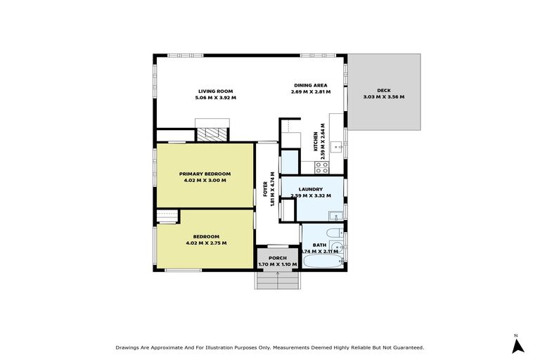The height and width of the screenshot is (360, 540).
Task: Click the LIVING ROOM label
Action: pyautogui.click(x=215, y=91)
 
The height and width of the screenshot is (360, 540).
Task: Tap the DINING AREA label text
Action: pyautogui.click(x=310, y=85)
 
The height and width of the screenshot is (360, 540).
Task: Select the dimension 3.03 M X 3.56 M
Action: pyautogui.click(x=383, y=97)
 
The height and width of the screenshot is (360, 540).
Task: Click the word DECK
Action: pyautogui.click(x=383, y=90)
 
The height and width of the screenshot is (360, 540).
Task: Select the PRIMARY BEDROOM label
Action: pyautogui.click(x=205, y=174)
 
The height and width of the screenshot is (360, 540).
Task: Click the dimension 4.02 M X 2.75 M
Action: pyautogui.click(x=206, y=243)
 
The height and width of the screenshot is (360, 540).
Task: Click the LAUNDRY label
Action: pyautogui.click(x=310, y=189)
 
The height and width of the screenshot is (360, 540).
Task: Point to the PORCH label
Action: pyautogui.click(x=277, y=258)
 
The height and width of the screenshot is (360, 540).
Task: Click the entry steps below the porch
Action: pyautogui.click(x=278, y=281)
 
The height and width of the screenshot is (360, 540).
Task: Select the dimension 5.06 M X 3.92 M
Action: pyautogui.click(x=215, y=98)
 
